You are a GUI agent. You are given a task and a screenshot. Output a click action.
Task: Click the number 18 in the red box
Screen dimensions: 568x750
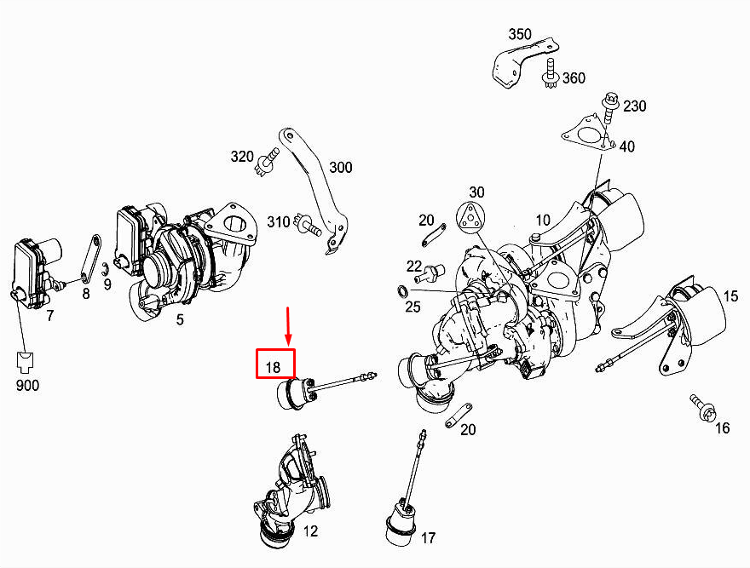pyautogui.click(x=273, y=367)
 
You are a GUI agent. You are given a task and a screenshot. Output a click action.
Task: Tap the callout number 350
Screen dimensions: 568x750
pyautogui.click(x=519, y=35)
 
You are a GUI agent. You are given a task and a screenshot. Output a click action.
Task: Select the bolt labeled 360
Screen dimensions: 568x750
pyautogui.click(x=549, y=80)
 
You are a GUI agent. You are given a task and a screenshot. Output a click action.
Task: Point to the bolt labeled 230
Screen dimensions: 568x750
pyautogui.click(x=609, y=106)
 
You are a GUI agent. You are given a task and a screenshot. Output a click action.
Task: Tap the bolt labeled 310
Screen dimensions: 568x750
pyautogui.click(x=305, y=225)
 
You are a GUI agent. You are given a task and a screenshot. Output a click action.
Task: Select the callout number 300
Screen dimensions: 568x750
pyautogui.click(x=340, y=168)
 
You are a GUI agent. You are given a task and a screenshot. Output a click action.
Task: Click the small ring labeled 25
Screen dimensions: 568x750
pyautogui.click(x=402, y=292)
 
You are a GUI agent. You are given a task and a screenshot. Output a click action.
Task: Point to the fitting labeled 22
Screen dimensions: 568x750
pyautogui.click(x=427, y=274)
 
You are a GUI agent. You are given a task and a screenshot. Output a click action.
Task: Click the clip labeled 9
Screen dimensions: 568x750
pyautogui.click(x=103, y=272)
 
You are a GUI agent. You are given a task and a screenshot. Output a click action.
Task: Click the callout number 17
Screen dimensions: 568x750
pyautogui.click(x=428, y=538)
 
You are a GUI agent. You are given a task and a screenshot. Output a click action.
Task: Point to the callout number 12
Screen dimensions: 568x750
pyautogui.click(x=310, y=532)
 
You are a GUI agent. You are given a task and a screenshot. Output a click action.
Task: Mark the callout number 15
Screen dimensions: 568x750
pyautogui.click(x=731, y=296)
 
